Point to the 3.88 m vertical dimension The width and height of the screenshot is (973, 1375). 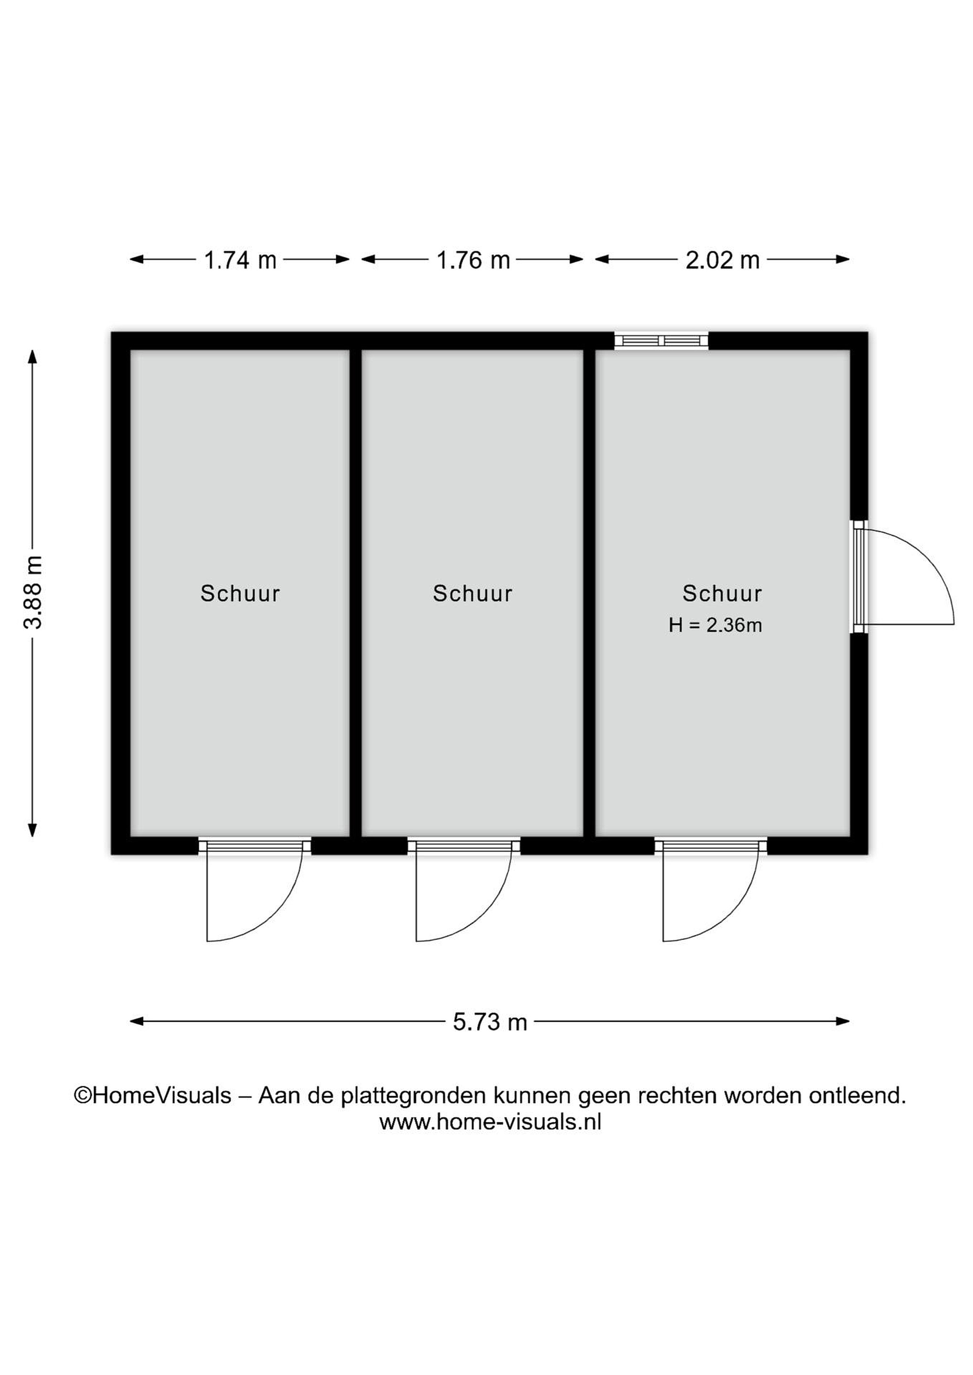(x=33, y=592)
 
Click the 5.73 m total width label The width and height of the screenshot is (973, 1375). (x=490, y=1022)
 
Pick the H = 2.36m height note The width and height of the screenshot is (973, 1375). (x=716, y=625)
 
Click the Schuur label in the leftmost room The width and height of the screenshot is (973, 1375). (x=240, y=593)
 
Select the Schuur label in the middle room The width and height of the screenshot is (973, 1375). (x=473, y=593)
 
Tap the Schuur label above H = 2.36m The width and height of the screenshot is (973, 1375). (x=722, y=593)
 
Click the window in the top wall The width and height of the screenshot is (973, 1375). (x=662, y=341)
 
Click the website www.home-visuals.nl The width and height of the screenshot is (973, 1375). (x=490, y=1121)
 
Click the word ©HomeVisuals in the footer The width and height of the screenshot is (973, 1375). (x=152, y=1095)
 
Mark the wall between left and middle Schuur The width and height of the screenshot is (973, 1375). (x=356, y=592)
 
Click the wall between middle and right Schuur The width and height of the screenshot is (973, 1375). (x=589, y=592)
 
